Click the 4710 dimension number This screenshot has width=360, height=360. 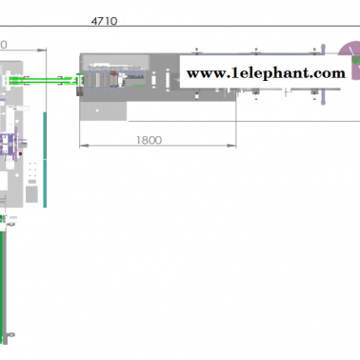pyautogui.click(x=104, y=21)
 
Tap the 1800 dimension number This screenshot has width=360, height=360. pyautogui.click(x=149, y=140)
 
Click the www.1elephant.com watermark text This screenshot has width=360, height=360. pyautogui.click(x=266, y=73)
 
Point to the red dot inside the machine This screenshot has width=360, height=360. pyautogui.click(x=113, y=74)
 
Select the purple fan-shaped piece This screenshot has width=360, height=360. pyautogui.click(x=349, y=52)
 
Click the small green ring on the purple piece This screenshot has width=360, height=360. pyautogui.click(x=356, y=60)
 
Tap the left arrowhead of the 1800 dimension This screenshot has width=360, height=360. pyautogui.click(x=84, y=146)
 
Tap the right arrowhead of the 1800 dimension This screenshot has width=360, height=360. pyautogui.click(x=231, y=146)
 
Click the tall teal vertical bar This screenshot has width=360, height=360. pyautogui.click(x=45, y=160)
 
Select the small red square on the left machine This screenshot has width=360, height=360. pyautogui.click(x=20, y=154)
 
